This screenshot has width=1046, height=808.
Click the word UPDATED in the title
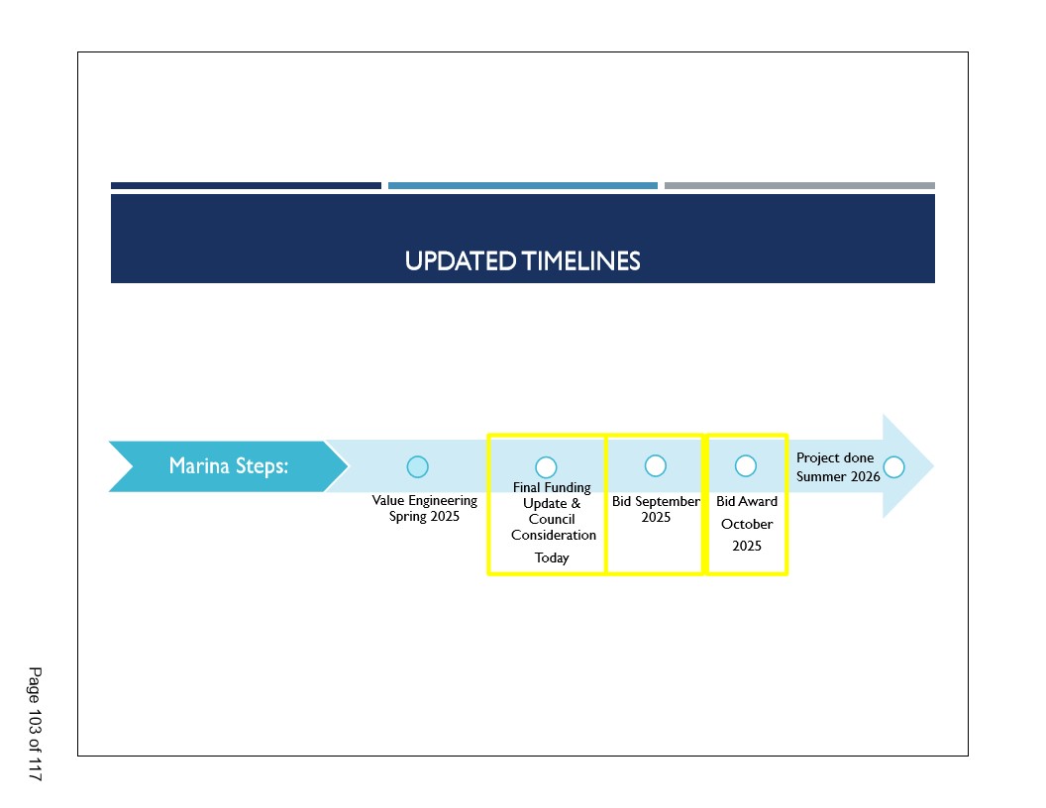coord(461,261)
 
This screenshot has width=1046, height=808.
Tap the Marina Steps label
coord(228,465)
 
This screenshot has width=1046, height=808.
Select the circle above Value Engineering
coord(418,466)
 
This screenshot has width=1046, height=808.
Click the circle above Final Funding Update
coord(546,467)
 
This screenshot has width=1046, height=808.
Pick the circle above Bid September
coord(656,465)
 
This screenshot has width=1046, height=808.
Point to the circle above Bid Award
coord(746,465)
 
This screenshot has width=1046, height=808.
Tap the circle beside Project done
coord(893,467)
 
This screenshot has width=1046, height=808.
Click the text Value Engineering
coord(424,501)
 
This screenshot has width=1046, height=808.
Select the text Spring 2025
coord(424,517)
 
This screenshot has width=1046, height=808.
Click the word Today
coord(552,558)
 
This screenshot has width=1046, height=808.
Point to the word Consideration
coord(554,535)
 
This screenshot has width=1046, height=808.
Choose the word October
coord(747,524)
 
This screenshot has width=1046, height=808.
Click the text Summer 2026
coord(838,476)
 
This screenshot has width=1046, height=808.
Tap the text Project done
coord(835,458)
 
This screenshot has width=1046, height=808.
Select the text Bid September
coord(657,501)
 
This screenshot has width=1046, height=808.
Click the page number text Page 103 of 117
coord(35,724)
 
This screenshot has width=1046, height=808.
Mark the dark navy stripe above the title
coord(247,186)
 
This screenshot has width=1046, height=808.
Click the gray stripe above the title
coord(799,186)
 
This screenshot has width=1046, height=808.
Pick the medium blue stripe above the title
coord(523,186)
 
